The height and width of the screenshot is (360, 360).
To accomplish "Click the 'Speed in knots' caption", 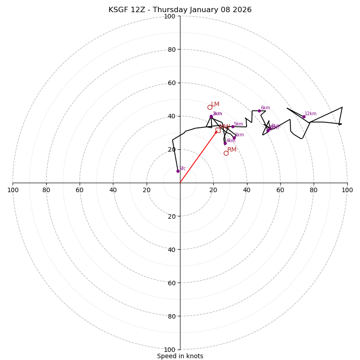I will coord(180,356).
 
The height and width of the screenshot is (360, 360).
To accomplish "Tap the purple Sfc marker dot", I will coord(178,171).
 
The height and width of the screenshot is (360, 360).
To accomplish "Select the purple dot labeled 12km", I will coord(304,117).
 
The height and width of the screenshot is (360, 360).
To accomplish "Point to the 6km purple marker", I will coord(259,111).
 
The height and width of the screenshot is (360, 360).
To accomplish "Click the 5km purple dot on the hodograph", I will coord(233,126).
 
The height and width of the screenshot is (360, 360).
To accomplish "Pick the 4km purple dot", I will coord(225,143).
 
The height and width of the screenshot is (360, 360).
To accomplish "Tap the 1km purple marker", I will coord(234,138).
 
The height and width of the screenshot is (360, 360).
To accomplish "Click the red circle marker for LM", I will coord(210,107).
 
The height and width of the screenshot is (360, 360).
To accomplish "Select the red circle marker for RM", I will coord(226,153).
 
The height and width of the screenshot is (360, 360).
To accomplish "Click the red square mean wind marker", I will coord(218,130).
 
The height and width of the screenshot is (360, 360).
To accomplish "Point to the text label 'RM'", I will coord(232,149).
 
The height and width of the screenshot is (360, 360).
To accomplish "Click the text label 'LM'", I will coord(215,104).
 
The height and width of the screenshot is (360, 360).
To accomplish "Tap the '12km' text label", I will coord(310,114).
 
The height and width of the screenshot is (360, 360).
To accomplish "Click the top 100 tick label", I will coord(170,16).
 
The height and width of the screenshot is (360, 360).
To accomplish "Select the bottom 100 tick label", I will coord(170,349).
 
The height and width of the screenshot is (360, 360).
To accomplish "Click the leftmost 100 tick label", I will coord(13,190).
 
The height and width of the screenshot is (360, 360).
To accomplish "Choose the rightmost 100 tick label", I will coord(347,190).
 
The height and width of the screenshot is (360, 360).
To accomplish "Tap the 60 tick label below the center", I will coord(171,283).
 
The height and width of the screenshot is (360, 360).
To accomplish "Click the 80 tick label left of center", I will coord(46,190).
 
